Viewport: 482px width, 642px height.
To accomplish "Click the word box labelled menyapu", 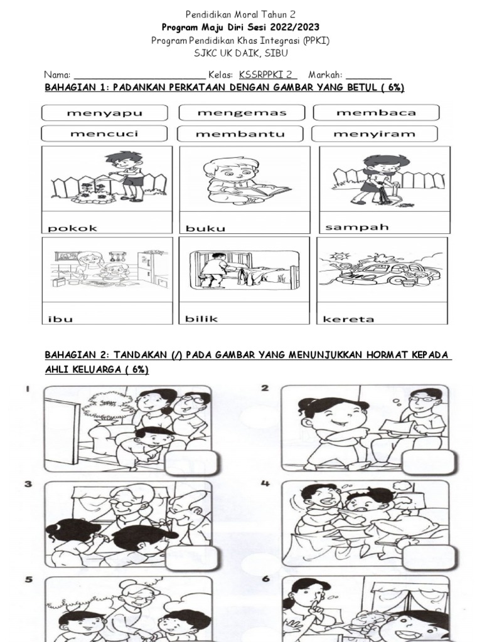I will [105, 113].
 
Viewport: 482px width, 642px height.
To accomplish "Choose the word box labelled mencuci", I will [104, 134].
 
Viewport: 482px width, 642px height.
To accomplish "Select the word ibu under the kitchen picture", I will [61, 318].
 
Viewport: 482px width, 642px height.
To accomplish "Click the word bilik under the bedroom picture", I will [201, 318].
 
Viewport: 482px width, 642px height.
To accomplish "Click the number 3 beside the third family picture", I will [29, 484].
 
